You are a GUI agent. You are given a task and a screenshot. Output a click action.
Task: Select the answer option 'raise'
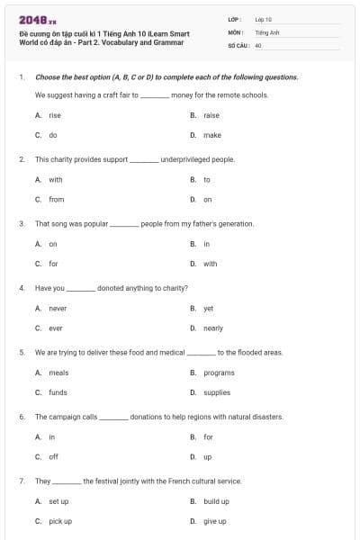[x=211, y=115]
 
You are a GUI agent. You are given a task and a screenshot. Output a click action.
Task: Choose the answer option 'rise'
[x=55, y=115]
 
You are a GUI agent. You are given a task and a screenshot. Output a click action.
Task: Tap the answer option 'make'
[x=212, y=135]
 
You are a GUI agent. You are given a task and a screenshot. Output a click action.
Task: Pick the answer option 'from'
[x=57, y=199]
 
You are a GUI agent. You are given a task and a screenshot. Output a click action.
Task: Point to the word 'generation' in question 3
[x=234, y=223]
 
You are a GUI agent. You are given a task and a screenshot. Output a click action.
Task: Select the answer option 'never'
[x=58, y=308]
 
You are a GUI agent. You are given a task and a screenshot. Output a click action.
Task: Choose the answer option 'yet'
[x=209, y=308]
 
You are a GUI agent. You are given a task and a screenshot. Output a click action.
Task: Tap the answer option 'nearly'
[x=213, y=328]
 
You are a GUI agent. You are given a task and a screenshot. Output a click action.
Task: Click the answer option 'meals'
[x=58, y=372]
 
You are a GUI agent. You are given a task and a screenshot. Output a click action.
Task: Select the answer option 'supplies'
[x=217, y=392]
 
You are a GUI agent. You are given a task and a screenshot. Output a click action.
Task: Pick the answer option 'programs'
[x=219, y=372]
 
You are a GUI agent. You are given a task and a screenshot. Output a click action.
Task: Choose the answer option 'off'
[x=53, y=456]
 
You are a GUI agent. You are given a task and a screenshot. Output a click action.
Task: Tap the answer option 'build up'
[x=216, y=501]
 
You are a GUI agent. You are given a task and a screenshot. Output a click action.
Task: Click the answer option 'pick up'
[x=60, y=521]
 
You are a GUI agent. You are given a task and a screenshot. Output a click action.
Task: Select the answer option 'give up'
[x=215, y=521]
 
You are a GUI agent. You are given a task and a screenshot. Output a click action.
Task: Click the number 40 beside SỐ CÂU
[x=258, y=44]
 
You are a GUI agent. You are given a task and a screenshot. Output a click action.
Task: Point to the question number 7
[x=22, y=481]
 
